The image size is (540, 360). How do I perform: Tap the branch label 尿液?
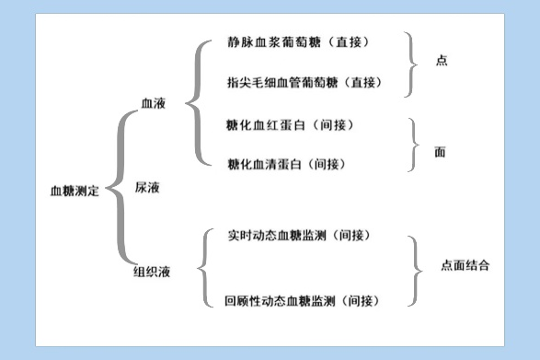[x=148, y=186]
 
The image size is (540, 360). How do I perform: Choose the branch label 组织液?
[x=152, y=272]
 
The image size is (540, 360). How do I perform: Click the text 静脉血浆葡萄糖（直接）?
[x=304, y=42]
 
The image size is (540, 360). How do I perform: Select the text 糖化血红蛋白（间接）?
[x=290, y=124]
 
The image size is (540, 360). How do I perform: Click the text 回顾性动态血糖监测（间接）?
[x=303, y=301]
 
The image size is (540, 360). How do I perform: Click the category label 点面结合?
[x=465, y=265]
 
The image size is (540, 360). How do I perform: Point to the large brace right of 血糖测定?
[x=120, y=190]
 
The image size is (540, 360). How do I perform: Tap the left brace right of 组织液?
[x=204, y=270]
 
